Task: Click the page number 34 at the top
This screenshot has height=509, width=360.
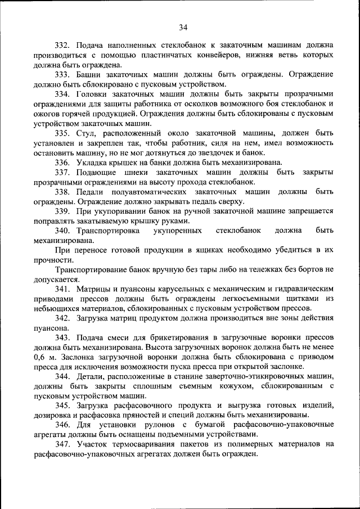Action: (183, 27)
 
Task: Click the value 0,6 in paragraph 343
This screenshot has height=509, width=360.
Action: (39, 358)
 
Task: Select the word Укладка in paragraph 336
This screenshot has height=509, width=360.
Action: (91, 163)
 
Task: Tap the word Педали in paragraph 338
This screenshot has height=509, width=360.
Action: (91, 192)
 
